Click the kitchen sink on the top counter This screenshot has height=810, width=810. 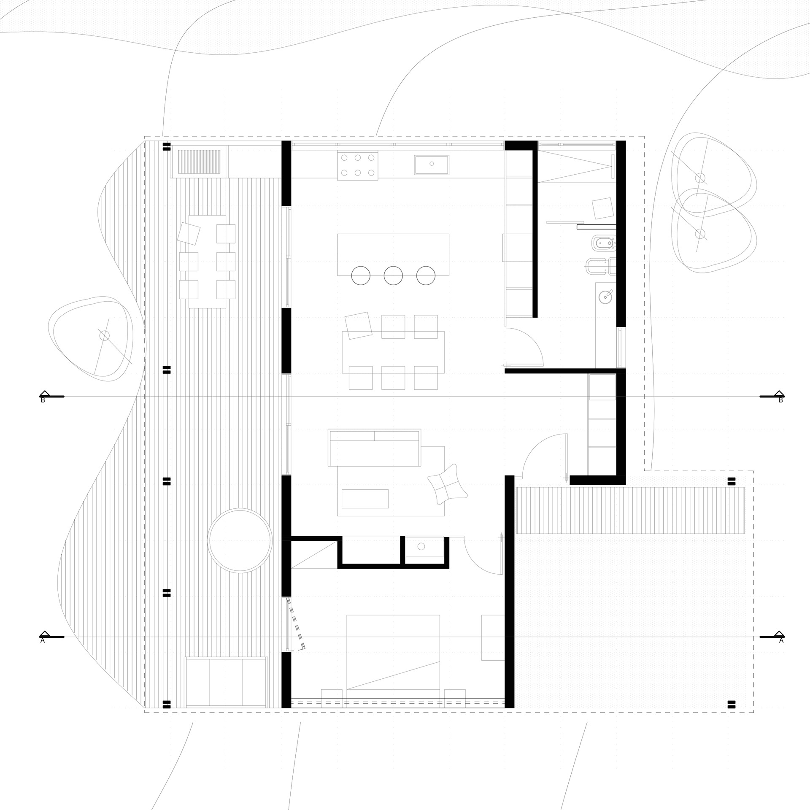(431, 165)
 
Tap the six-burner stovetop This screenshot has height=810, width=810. (358, 165)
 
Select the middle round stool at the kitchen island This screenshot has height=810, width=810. (393, 276)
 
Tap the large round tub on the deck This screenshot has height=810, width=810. (239, 540)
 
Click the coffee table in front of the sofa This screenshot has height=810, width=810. (365, 499)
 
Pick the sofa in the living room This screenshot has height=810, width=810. (375, 448)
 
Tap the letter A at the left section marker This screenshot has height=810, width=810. (43, 652)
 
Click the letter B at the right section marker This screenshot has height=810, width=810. (780, 400)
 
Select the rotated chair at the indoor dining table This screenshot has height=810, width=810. (358, 325)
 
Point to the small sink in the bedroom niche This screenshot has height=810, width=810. (421, 547)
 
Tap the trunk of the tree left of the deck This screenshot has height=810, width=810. (104, 336)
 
